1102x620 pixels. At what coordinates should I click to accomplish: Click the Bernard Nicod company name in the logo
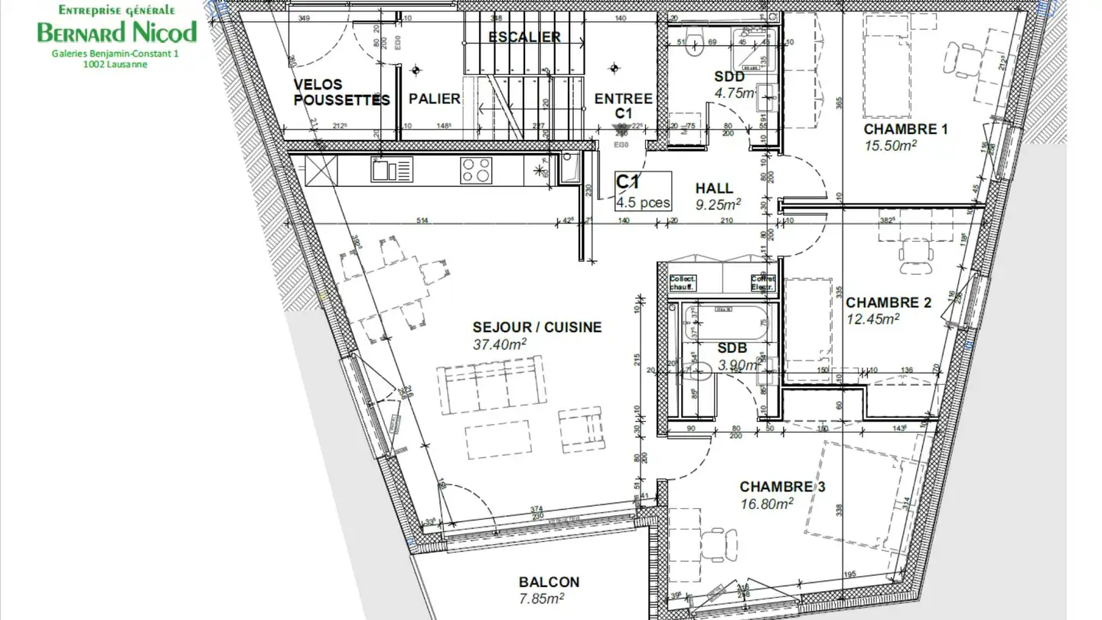117,32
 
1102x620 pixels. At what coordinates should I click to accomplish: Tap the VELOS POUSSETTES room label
341,92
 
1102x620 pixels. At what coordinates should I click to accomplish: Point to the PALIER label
434,99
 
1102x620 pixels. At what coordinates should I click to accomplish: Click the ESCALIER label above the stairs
524,37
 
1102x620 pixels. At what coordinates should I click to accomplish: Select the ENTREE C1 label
623,106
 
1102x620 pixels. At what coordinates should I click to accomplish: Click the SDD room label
729,77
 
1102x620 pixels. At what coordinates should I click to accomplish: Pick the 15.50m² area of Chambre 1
890,145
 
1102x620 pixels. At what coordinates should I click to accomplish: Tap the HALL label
714,188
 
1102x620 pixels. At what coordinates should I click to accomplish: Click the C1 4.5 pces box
644,191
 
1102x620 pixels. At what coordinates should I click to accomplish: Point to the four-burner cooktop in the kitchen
476,169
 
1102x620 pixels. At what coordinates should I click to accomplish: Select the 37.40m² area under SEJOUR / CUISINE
500,344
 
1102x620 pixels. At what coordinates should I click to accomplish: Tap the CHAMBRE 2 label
888,302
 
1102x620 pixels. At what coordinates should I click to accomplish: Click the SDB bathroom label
732,348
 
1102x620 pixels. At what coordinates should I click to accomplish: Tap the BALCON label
549,582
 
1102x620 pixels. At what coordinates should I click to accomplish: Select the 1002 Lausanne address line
116,65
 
